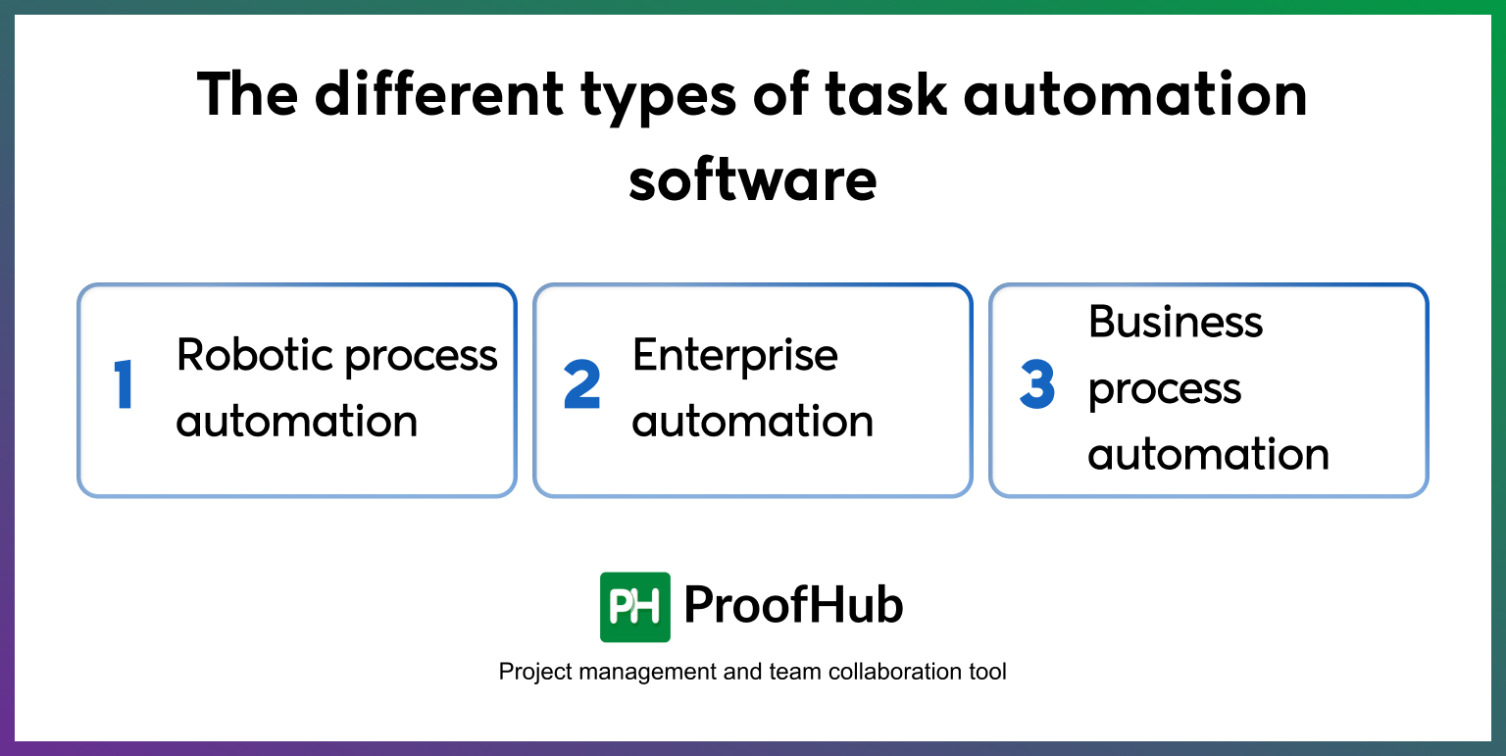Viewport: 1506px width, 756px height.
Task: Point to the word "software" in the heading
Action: [752, 180]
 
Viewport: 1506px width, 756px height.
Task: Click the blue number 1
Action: [124, 386]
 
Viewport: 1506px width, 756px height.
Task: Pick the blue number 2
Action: [581, 386]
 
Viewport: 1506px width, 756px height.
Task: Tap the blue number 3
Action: [1037, 386]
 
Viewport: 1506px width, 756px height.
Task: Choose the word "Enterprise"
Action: [735, 356]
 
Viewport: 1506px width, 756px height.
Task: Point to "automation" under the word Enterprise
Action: [752, 422]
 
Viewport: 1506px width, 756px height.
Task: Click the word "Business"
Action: [1176, 322]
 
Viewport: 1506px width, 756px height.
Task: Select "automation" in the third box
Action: [1208, 455]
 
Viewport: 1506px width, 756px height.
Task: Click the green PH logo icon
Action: [634, 607]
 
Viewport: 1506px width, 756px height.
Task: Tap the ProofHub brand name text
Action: [792, 606]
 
